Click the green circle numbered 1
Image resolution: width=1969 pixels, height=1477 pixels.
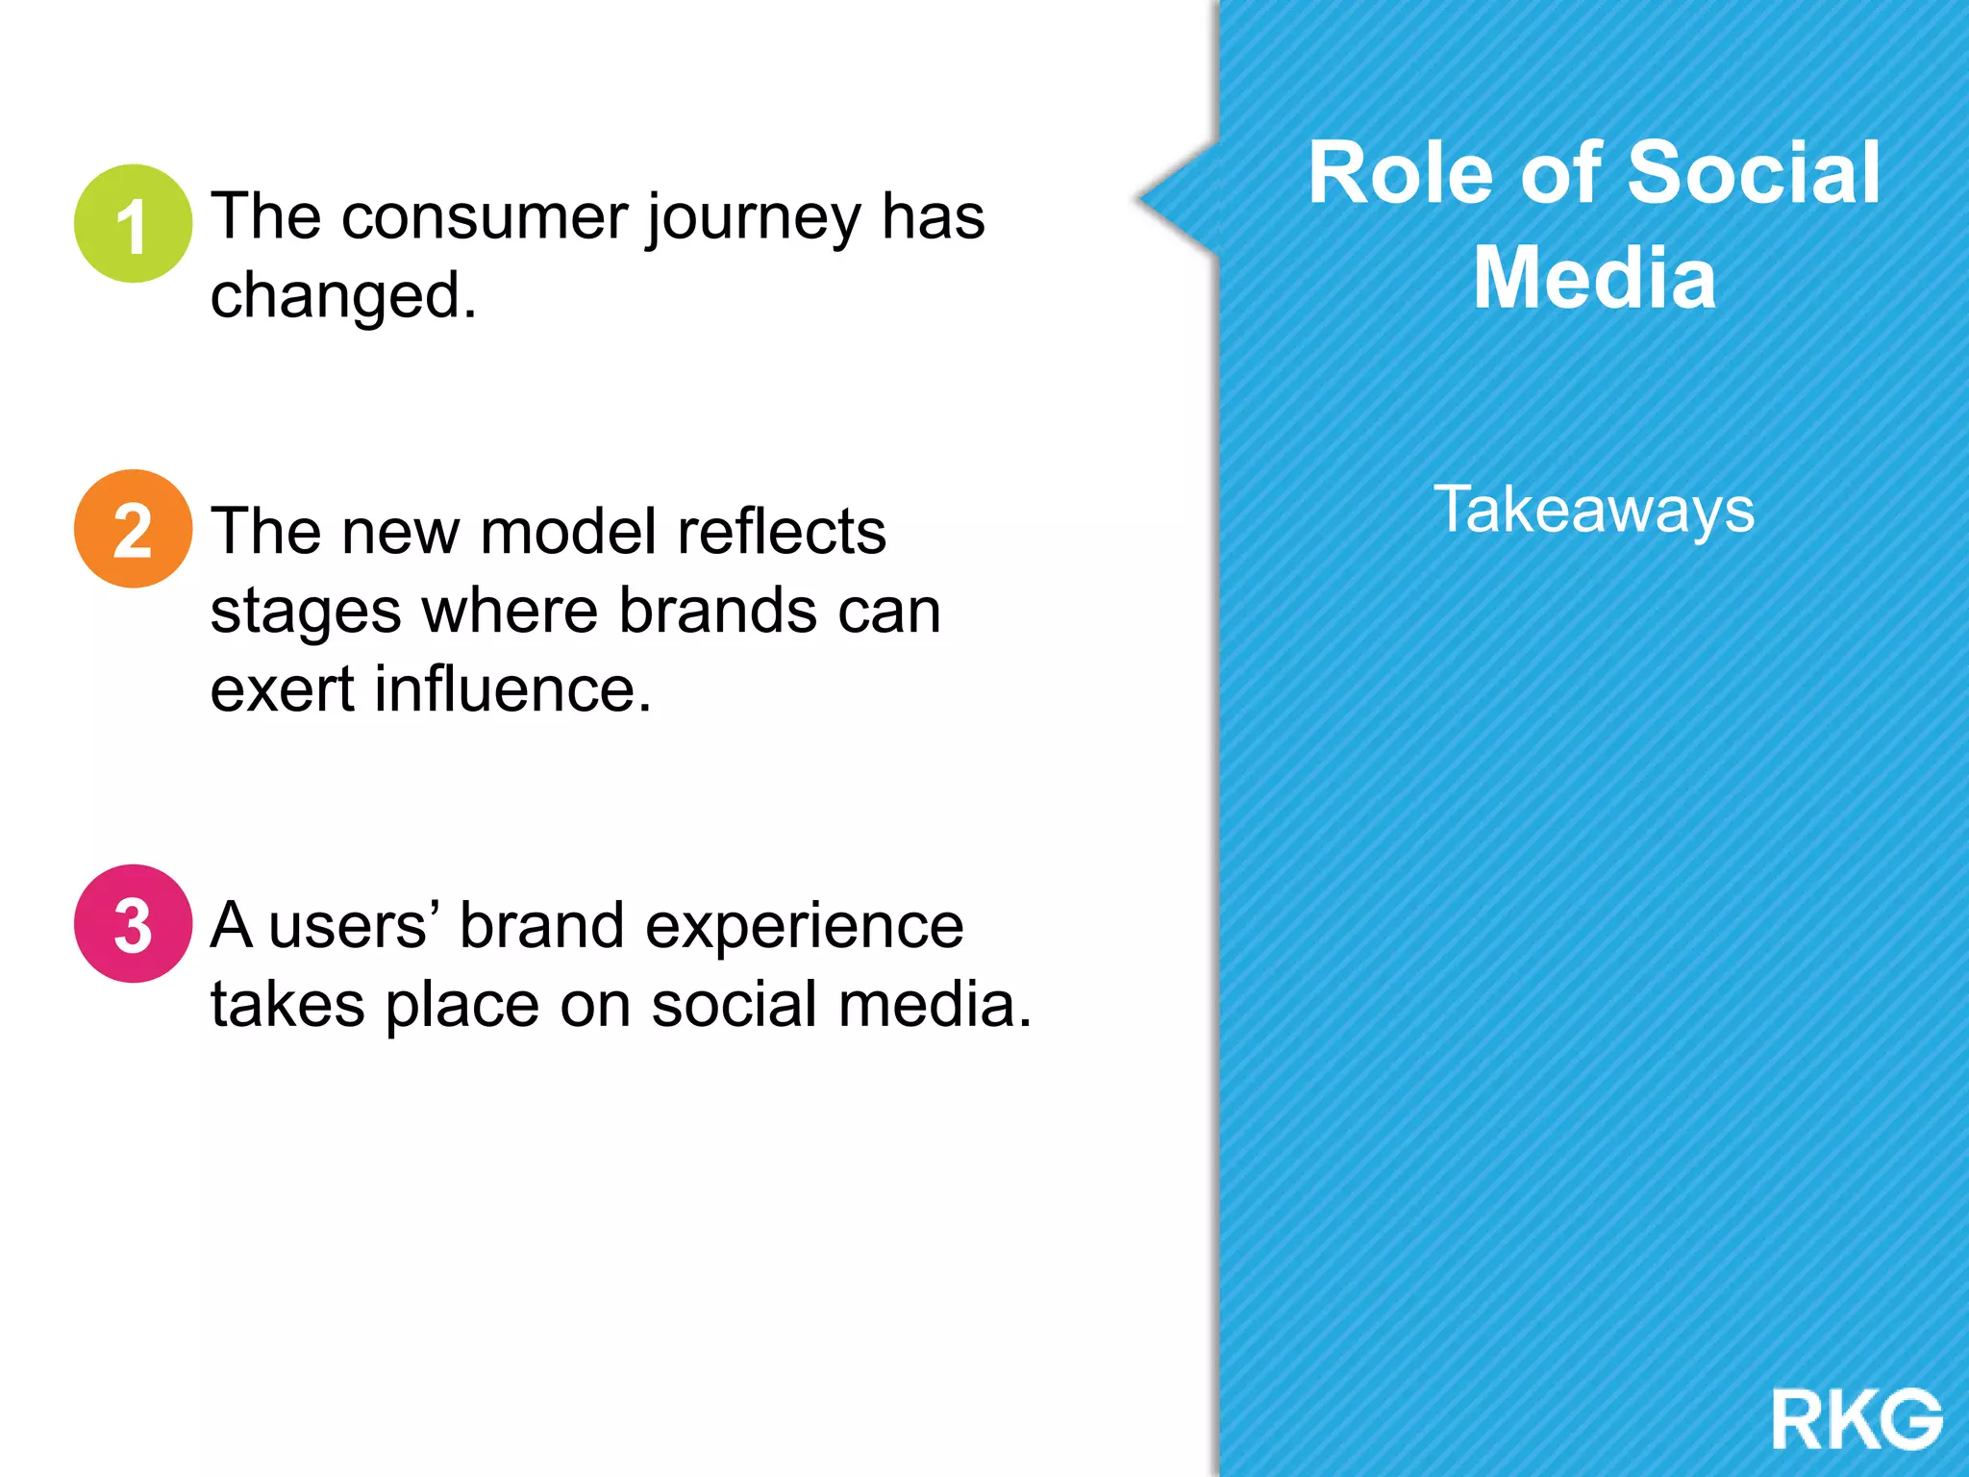pyautogui.click(x=133, y=223)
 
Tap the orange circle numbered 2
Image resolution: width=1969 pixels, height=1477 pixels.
pyautogui.click(x=133, y=529)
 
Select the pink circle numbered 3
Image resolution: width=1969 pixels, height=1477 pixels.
pyautogui.click(x=133, y=924)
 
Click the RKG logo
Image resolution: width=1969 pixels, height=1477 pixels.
pyautogui.click(x=1857, y=1419)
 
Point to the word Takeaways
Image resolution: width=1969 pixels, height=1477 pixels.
pyautogui.click(x=1594, y=510)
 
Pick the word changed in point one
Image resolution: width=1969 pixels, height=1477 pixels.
pyautogui.click(x=342, y=296)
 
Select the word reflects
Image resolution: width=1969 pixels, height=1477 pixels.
pyautogui.click(x=781, y=532)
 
